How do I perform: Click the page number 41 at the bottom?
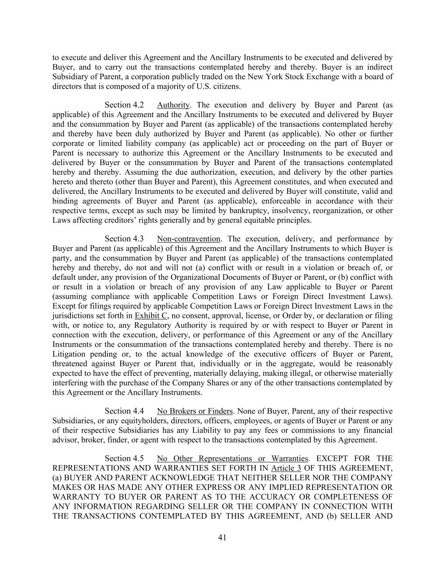click(x=222, y=537)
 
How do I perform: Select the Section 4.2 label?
click(x=124, y=105)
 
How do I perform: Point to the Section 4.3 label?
click(x=124, y=239)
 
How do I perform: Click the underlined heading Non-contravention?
click(x=189, y=239)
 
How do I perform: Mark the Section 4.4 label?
click(x=124, y=411)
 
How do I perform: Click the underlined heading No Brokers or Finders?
click(x=194, y=411)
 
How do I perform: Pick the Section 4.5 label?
click(x=124, y=458)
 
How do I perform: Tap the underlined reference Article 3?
click(x=286, y=468)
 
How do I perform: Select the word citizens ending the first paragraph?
click(x=227, y=86)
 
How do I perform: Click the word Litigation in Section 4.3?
click(x=69, y=354)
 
